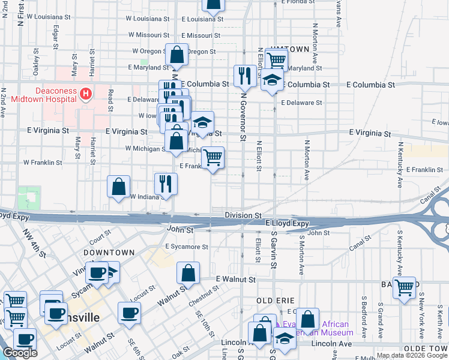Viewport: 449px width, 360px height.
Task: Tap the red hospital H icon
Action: pyautogui.click(x=86, y=94)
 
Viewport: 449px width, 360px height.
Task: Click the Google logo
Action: pyautogui.click(x=19, y=353)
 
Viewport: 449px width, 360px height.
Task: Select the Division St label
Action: pyautogui.click(x=244, y=215)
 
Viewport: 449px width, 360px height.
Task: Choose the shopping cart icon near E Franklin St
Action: pyautogui.click(x=212, y=158)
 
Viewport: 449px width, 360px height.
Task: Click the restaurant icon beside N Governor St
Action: pyautogui.click(x=244, y=76)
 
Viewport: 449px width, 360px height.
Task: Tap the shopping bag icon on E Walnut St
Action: pyautogui.click(x=188, y=272)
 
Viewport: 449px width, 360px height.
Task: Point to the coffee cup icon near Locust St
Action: pyautogui.click(x=130, y=313)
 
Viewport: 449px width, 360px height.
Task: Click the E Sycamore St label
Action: pyautogui.click(x=187, y=247)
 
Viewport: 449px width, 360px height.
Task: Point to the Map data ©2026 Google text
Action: pyautogui.click(x=412, y=355)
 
